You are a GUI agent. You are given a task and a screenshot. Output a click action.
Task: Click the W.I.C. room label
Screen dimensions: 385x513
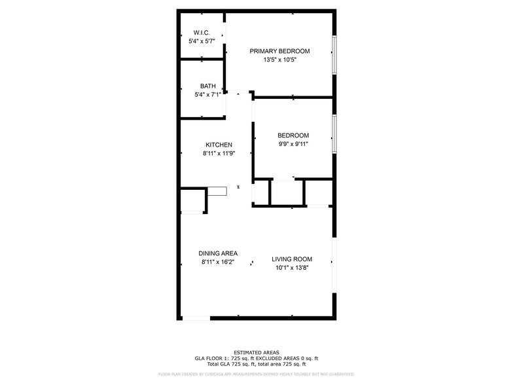tap(200, 33)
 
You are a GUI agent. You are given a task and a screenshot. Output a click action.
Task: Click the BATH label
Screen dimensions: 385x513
tap(207, 86)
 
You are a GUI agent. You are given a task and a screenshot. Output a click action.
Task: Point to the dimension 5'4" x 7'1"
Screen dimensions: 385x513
tap(207, 95)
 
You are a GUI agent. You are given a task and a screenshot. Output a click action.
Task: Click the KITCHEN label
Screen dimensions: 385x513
tap(219, 145)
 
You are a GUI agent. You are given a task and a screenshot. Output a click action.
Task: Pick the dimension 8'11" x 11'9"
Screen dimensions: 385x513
tap(219, 154)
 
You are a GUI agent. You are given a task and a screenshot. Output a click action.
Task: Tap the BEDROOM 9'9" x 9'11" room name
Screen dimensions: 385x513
tap(293, 136)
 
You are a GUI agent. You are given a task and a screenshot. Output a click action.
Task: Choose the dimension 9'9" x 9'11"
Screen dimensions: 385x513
tap(293, 145)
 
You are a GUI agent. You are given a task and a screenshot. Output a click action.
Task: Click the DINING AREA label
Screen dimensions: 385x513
tap(218, 253)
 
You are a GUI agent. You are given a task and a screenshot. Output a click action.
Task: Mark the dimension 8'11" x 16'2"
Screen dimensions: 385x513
tap(218, 263)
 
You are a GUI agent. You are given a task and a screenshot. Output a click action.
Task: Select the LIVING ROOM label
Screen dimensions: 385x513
tap(292, 259)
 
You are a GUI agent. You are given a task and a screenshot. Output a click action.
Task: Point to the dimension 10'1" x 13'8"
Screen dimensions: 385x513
tap(292, 268)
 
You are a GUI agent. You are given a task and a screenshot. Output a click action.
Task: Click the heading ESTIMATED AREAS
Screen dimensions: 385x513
tap(256, 352)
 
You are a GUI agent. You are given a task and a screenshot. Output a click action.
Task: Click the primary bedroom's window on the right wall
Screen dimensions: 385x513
tap(334, 54)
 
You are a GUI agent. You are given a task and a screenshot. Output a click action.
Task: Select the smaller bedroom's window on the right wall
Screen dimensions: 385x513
tap(334, 134)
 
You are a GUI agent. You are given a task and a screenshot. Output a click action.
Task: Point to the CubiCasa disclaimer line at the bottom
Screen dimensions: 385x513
tap(256, 374)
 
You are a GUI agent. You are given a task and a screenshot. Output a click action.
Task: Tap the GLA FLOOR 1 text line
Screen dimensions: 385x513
tap(256, 358)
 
